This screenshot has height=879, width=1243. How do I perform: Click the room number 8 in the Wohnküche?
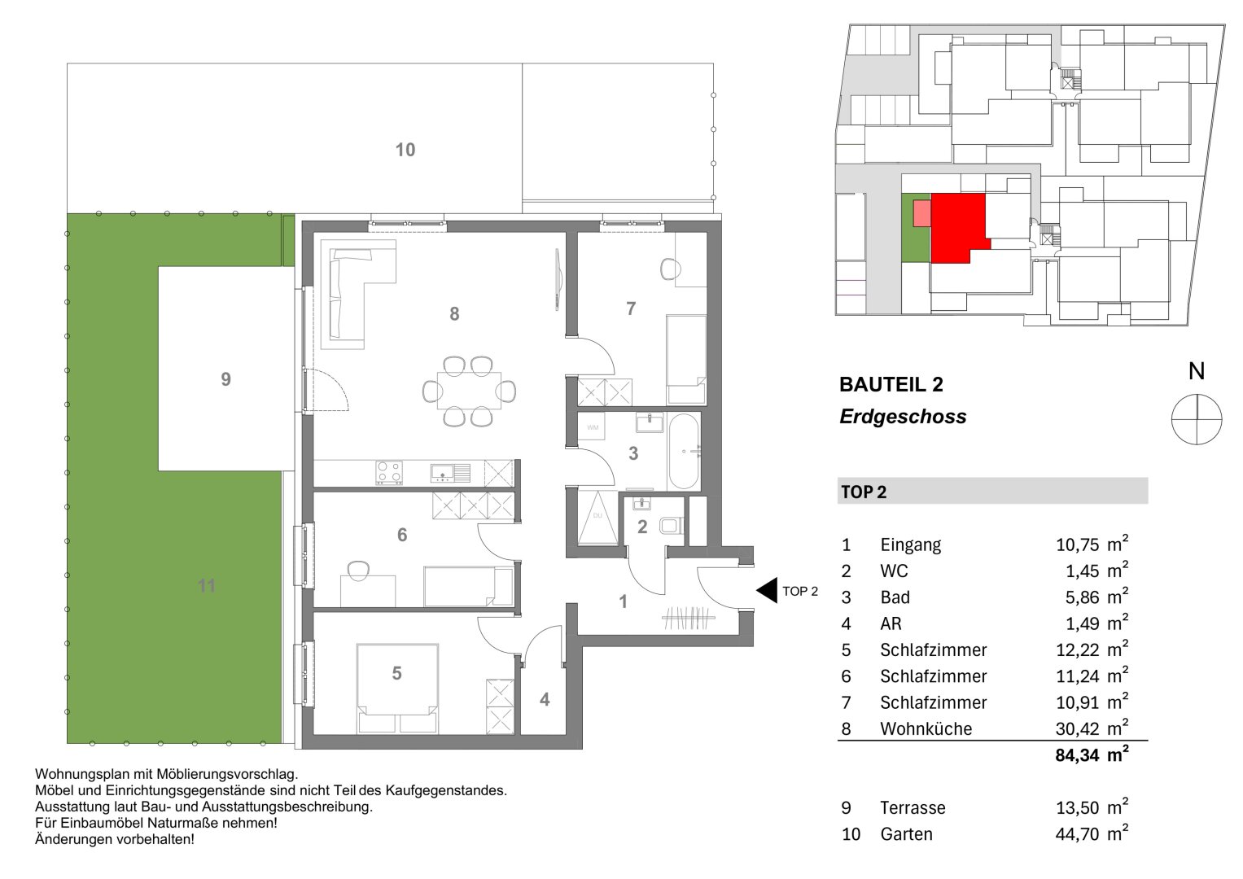pyautogui.click(x=454, y=313)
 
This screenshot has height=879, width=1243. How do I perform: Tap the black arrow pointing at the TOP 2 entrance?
pyautogui.click(x=766, y=590)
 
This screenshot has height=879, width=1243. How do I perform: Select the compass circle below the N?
pyautogui.click(x=1196, y=418)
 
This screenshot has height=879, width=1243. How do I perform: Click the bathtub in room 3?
pyautogui.click(x=682, y=453)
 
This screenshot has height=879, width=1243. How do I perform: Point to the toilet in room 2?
pyautogui.click(x=671, y=526)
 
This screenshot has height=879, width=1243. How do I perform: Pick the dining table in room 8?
pyautogui.click(x=470, y=391)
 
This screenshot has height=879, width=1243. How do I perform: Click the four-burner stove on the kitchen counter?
pyautogui.click(x=387, y=473)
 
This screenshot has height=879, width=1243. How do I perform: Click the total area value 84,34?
pyautogui.click(x=1077, y=755)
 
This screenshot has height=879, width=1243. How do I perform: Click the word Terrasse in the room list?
pyautogui.click(x=913, y=808)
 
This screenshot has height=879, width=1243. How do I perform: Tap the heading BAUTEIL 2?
pyautogui.click(x=891, y=384)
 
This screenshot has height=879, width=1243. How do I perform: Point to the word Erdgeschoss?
pyautogui.click(x=902, y=417)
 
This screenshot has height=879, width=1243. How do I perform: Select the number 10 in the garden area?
pyautogui.click(x=405, y=150)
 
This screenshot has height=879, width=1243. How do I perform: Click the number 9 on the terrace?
pyautogui.click(x=225, y=379)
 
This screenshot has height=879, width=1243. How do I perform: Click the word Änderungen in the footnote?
pyautogui.click(x=72, y=838)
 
